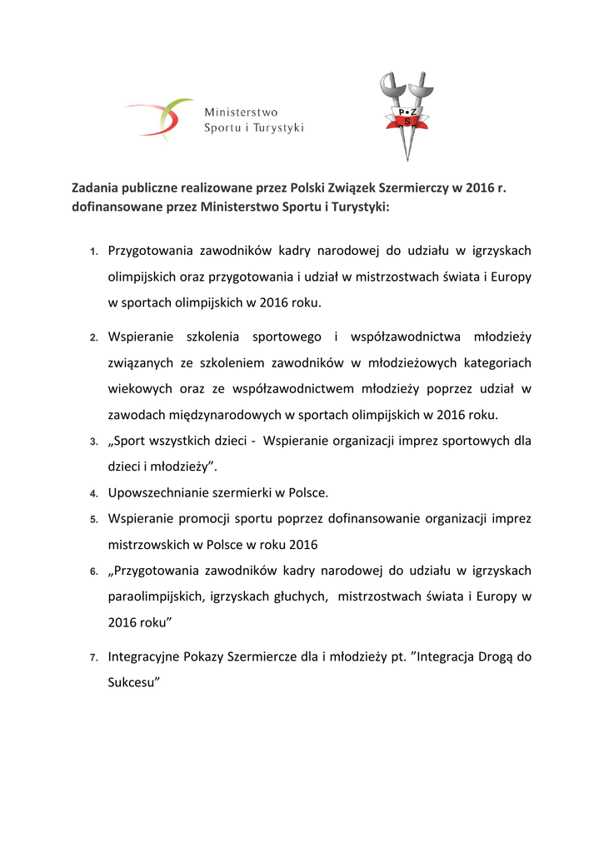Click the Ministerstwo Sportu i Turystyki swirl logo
[x=158, y=117]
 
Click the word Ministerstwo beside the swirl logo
[x=242, y=112]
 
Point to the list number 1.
[x=94, y=252]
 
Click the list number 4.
[x=94, y=494]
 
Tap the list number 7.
[x=94, y=658]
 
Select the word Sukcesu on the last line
[x=133, y=681]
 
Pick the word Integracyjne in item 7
[x=143, y=656]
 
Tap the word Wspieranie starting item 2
[x=140, y=337]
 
